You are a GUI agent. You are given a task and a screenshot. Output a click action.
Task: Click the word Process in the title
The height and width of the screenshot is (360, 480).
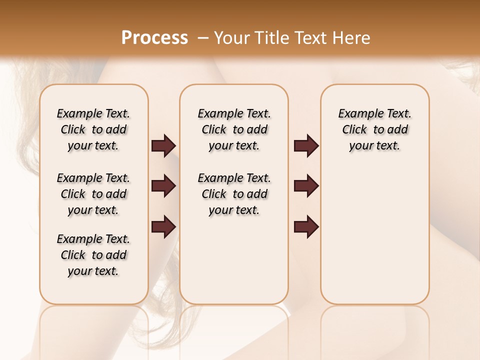(x=154, y=38)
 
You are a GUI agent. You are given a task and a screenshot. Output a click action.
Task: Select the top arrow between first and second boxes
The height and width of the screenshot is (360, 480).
(x=163, y=145)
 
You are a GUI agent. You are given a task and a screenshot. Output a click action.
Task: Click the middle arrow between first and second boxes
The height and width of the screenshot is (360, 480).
(x=163, y=186)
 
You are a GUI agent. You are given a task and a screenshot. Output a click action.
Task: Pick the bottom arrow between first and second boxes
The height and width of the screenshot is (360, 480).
(x=163, y=226)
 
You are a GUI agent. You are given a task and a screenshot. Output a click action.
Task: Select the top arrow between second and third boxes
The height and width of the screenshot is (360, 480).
(x=306, y=145)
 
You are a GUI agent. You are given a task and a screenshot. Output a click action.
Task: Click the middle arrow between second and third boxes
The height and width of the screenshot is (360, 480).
(x=306, y=186)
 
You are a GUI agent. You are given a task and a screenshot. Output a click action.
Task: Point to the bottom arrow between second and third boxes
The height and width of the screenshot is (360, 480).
(x=306, y=226)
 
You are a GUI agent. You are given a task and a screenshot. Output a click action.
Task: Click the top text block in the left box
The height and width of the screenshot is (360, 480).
(x=93, y=129)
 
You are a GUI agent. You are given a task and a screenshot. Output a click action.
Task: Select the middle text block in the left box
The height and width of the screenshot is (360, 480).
(x=93, y=194)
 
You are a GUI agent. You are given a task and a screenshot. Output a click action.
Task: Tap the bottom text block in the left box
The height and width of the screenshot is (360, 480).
(x=93, y=255)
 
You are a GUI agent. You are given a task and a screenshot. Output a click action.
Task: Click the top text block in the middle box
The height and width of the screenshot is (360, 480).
(x=234, y=129)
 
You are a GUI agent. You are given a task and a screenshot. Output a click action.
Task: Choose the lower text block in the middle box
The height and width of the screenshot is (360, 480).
(x=234, y=194)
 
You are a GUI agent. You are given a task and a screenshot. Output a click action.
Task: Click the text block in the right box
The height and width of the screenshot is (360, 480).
(x=374, y=129)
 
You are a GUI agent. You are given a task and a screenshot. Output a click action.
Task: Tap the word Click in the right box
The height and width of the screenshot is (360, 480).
(x=354, y=130)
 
